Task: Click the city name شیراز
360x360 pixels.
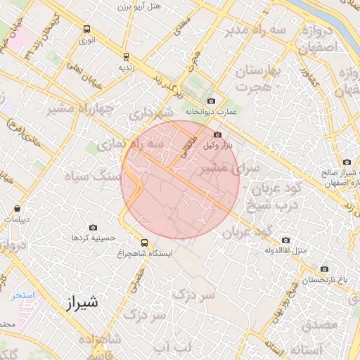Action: pyautogui.click(x=75, y=304)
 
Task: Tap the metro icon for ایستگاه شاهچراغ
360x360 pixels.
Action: pyautogui.click(x=144, y=241)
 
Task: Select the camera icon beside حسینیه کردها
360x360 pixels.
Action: pyautogui.click(x=94, y=227)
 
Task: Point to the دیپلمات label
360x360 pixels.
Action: pyautogui.click(x=18, y=219)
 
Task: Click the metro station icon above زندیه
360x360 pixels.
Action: pyautogui.click(x=126, y=58)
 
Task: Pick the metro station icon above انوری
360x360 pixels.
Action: pyautogui.click(x=86, y=30)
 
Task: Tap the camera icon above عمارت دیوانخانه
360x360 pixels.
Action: pyautogui.click(x=211, y=101)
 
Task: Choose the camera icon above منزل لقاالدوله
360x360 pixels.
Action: pyautogui.click(x=285, y=240)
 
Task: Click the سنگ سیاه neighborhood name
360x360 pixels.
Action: pyautogui.click(x=92, y=176)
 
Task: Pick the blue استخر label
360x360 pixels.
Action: pyautogui.click(x=22, y=295)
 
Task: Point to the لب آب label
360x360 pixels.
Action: pyautogui.click(x=172, y=349)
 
